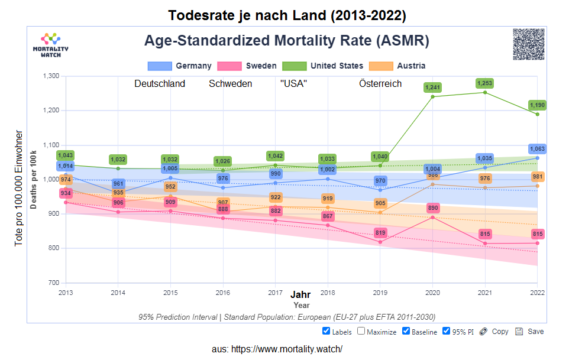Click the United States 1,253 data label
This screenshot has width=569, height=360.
coord(485,83)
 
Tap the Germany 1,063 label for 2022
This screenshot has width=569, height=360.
coord(537,149)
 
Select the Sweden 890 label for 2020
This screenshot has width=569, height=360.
coord(434,208)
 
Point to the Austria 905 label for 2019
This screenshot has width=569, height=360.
coord(380,203)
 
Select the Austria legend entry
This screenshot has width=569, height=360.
coord(397,66)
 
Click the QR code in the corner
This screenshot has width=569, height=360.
coord(528,44)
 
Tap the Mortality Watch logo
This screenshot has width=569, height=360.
coord(50,44)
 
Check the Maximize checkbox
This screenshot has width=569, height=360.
coord(361,331)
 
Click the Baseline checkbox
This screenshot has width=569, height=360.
coord(406,331)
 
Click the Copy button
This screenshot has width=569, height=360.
coord(494,332)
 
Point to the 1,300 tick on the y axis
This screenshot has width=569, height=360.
coord(51,76)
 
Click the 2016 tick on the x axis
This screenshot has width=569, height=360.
coord(222,293)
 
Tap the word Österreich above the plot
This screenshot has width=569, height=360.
coord(380,84)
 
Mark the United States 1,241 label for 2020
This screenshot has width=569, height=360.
coord(434,87)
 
